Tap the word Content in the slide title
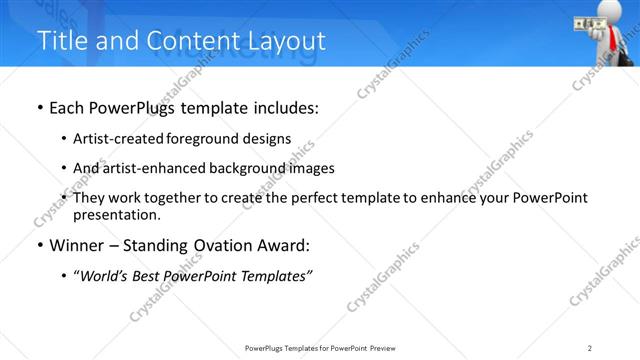coord(190,41)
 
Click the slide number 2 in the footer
coord(590,348)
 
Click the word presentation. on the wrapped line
coord(117,214)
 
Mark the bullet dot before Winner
coord(39,245)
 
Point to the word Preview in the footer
coord(387,348)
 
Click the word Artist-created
coord(118,139)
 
